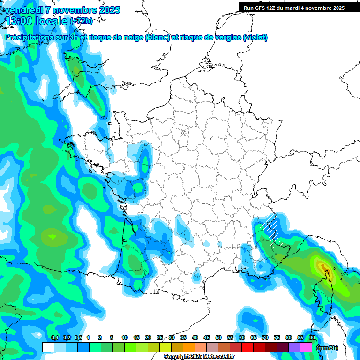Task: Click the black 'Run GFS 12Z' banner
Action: [294, 7]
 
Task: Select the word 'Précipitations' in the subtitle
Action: [29, 37]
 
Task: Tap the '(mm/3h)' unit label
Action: [327, 348]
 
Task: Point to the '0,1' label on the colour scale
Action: [54, 337]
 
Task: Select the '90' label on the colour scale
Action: [312, 337]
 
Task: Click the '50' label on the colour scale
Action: [218, 337]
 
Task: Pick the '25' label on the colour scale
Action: [160, 337]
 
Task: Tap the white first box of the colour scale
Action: [48, 347]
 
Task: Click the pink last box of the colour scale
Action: [306, 347]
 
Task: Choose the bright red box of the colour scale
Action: [247, 347]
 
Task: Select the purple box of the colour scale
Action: [294, 347]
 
